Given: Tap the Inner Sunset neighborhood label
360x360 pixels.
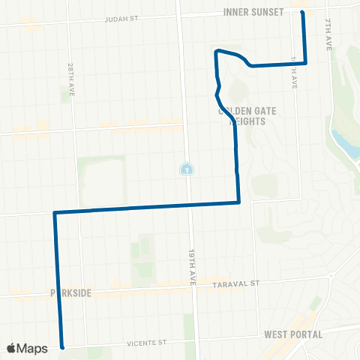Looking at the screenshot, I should click(x=253, y=12).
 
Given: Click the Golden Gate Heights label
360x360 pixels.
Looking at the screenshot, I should click(x=247, y=115).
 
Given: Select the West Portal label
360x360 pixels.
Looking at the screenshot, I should click(x=293, y=334).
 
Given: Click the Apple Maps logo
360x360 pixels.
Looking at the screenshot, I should click(x=27, y=348).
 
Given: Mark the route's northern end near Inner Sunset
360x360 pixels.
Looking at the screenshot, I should click(x=302, y=12).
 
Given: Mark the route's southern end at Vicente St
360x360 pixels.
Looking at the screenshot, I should click(x=62, y=347).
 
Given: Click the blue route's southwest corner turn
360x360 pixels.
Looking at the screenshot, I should click(x=55, y=214).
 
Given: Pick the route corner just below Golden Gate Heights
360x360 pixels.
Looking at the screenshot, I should click(x=238, y=202).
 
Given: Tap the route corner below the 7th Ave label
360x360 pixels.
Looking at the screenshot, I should click(x=306, y=64).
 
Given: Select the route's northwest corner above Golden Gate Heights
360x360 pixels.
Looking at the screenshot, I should click(x=217, y=51).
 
